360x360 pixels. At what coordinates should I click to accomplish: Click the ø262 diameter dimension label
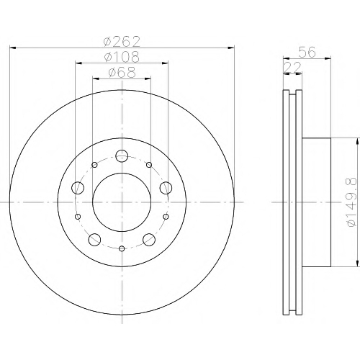point(122,42)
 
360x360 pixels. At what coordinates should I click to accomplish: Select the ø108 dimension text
point(122,57)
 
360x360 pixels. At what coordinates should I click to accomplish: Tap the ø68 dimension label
point(122,72)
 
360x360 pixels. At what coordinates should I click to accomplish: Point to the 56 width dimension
point(307,52)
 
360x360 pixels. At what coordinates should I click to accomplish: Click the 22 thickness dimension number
point(292,68)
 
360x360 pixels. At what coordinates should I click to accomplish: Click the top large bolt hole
point(122,156)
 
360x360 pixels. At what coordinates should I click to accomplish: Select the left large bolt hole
point(78,188)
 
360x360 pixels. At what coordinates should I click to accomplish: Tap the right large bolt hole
point(166,188)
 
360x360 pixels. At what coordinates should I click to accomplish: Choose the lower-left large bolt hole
point(94,239)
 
